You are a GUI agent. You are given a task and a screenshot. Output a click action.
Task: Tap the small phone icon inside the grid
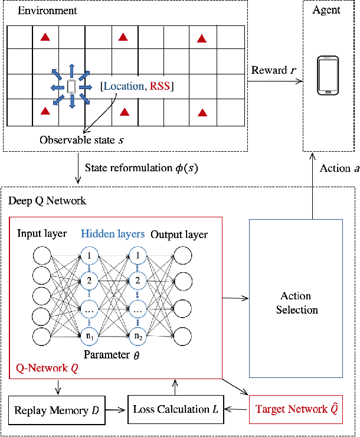click(x=71, y=87)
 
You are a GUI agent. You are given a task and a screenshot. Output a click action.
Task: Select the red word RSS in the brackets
click(x=160, y=87)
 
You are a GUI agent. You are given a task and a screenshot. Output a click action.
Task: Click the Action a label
click(x=339, y=168)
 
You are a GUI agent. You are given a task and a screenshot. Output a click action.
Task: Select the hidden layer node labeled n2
click(x=138, y=336)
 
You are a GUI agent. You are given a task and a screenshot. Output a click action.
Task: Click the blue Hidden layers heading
click(x=112, y=234)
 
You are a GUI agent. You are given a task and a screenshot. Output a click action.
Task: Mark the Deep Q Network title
click(x=47, y=201)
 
